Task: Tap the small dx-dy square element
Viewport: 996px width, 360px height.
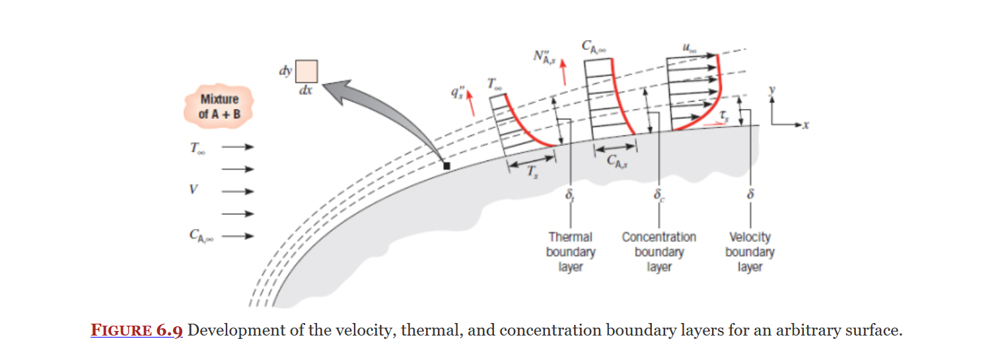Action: (x=306, y=71)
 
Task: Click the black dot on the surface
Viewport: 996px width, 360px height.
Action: (x=446, y=166)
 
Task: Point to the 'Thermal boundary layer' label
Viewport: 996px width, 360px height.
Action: (x=571, y=252)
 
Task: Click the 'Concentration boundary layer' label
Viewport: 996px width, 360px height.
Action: (x=658, y=252)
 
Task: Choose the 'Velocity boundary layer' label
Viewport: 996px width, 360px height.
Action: (x=750, y=252)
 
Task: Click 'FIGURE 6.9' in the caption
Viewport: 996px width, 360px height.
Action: (x=136, y=330)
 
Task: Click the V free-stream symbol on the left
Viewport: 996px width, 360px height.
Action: (x=194, y=190)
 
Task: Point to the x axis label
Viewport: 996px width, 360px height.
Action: (x=806, y=125)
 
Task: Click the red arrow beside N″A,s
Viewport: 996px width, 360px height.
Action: (x=563, y=71)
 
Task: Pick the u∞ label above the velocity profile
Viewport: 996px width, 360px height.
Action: (x=690, y=48)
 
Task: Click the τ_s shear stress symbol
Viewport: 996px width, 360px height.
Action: (x=724, y=116)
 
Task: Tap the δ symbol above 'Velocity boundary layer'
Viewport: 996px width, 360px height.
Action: (x=750, y=196)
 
